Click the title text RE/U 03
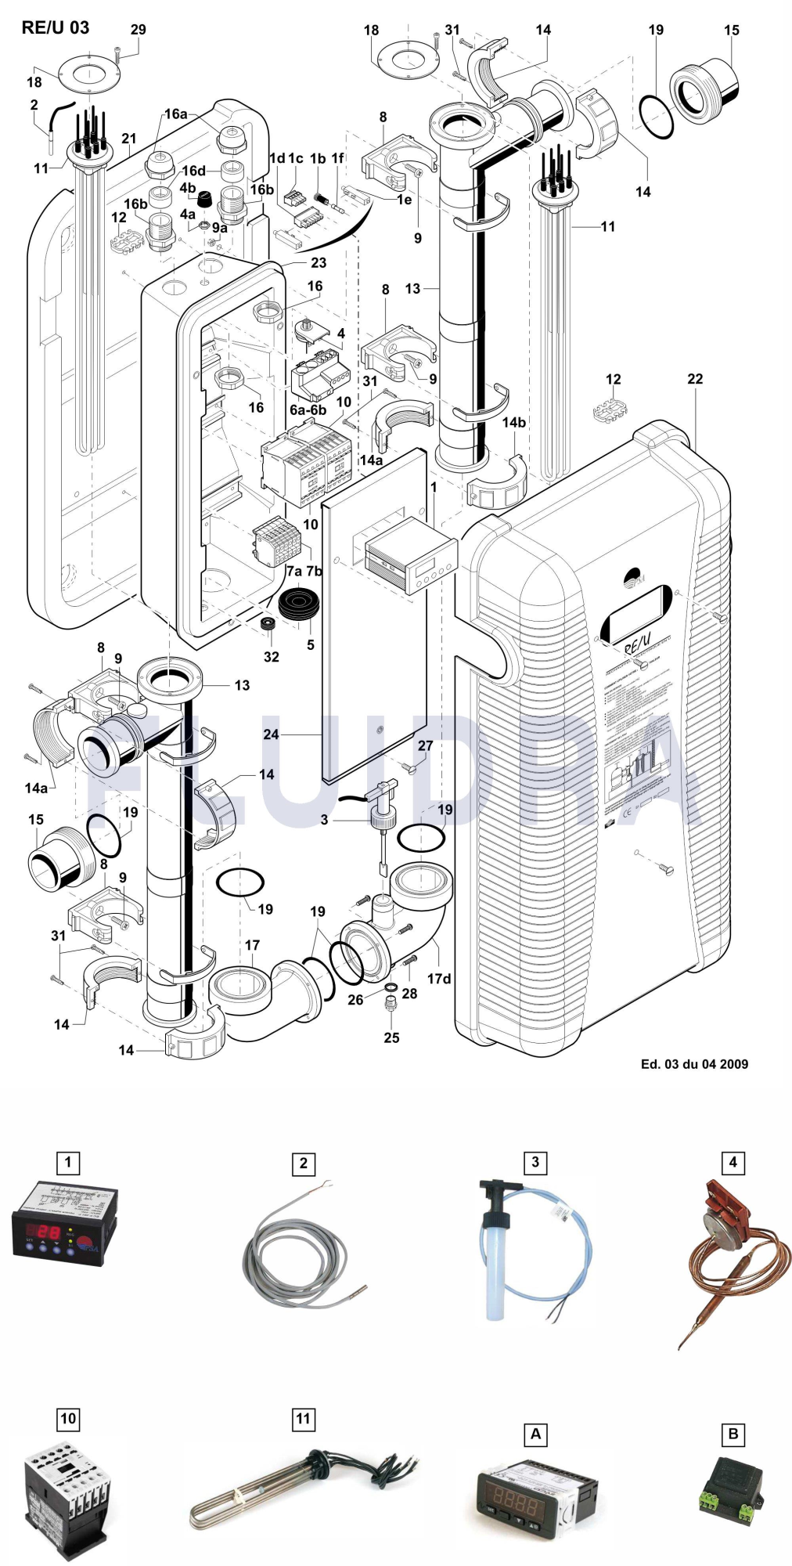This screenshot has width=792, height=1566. tap(56, 27)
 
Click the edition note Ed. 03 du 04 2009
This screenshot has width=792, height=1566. tap(694, 1064)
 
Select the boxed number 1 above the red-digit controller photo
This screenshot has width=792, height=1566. tap(68, 1162)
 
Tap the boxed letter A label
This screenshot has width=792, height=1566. tap(535, 1434)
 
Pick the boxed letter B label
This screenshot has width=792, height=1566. tap(733, 1434)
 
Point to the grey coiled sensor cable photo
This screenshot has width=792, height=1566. tap(297, 1253)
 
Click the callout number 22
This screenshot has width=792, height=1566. tap(695, 379)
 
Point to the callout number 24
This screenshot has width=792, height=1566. tap(271, 734)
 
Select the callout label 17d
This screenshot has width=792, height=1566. tap(438, 979)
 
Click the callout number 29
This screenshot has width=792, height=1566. tap(138, 30)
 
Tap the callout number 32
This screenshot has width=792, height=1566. tap(271, 657)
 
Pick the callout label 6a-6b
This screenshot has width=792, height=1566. tap(308, 410)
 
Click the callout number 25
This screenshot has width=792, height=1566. tap(391, 1037)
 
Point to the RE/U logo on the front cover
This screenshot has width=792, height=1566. tap(638, 644)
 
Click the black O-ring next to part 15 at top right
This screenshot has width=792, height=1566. tap(656, 116)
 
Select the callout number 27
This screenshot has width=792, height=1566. tap(425, 745)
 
